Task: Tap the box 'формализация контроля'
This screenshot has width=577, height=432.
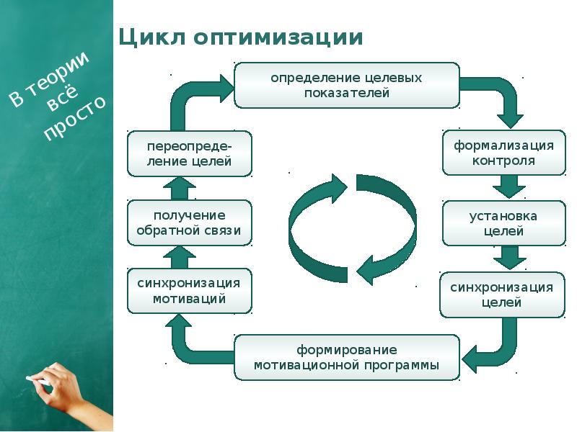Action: coord(503,153)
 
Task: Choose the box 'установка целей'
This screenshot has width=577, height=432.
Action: coord(503,223)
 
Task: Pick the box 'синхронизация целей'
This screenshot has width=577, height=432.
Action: coord(502,295)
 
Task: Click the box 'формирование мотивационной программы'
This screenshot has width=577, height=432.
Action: coord(346,358)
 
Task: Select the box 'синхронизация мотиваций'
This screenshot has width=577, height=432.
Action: coord(190,291)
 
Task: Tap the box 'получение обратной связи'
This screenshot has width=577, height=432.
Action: coord(190,223)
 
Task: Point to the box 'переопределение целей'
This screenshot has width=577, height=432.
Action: coord(190,153)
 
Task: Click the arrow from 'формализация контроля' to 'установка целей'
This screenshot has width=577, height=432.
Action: coord(508,187)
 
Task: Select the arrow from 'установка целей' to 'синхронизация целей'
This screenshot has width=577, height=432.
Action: coord(508,258)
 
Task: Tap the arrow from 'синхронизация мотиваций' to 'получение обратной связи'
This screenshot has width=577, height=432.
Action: coord(180,257)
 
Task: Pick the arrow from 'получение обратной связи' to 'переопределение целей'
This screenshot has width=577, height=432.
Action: coord(180,187)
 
